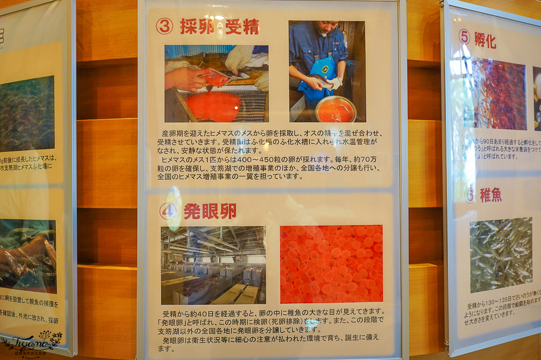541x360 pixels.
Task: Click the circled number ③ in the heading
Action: (164, 26)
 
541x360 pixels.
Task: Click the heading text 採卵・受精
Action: (219, 26)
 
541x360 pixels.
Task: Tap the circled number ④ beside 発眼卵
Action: (168, 211)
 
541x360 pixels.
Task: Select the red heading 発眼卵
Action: (210, 211)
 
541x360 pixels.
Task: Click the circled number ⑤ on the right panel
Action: (464, 37)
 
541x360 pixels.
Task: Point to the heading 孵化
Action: (485, 40)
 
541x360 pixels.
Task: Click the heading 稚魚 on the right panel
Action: (491, 195)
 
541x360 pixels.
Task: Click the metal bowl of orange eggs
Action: (336, 109)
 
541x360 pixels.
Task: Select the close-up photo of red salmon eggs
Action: (331, 264)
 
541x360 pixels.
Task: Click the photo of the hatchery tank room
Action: (213, 265)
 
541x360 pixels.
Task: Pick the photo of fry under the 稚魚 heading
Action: (500, 254)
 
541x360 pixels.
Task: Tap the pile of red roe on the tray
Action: (214, 106)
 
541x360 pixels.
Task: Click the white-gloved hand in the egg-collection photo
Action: (239, 58)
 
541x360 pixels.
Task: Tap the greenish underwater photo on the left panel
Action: (27, 114)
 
